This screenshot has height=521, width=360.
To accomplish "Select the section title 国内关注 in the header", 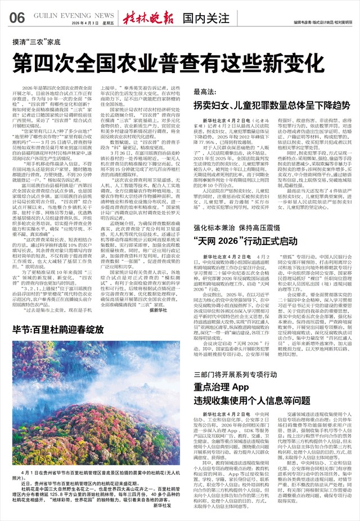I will (x=188, y=17).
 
